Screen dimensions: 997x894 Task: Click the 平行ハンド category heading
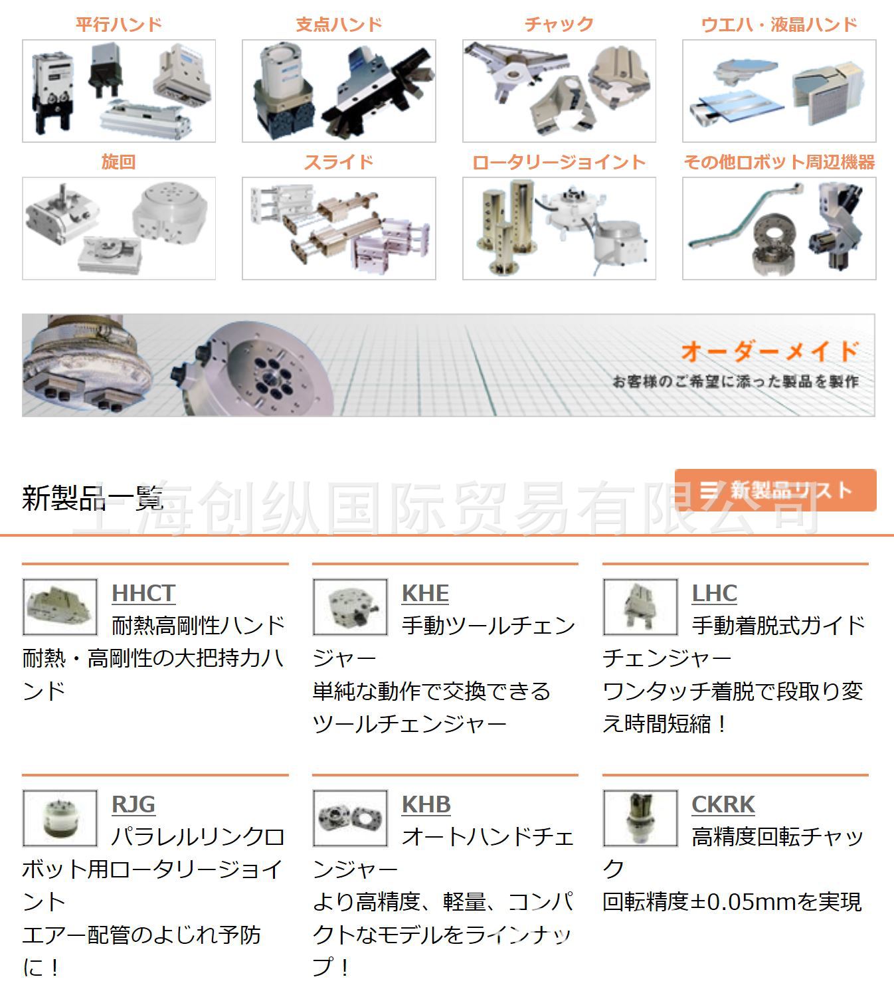(119, 25)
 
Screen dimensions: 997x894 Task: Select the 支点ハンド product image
(339, 91)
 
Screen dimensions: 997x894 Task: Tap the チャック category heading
(559, 25)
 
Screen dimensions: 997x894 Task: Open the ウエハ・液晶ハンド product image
(779, 91)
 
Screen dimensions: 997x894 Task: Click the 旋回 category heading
(119, 162)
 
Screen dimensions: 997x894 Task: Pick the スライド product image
(339, 228)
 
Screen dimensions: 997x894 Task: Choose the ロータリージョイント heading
(559, 162)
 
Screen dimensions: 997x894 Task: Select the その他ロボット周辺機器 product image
(779, 228)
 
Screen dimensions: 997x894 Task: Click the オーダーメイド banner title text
(769, 351)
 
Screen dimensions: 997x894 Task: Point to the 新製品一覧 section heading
(92, 498)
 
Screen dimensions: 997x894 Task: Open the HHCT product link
(143, 593)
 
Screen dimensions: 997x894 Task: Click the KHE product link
(425, 593)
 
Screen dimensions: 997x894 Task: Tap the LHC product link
(714, 593)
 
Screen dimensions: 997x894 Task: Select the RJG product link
(133, 804)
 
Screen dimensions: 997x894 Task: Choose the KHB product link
(426, 804)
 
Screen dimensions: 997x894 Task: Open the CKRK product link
(723, 804)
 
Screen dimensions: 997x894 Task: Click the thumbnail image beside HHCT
(60, 607)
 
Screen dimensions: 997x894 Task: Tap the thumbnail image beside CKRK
(640, 818)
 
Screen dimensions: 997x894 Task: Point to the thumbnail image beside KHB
(350, 818)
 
